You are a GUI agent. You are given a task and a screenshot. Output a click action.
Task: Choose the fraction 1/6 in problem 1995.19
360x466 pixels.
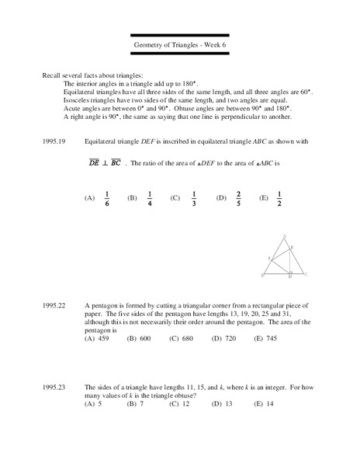(x=106, y=198)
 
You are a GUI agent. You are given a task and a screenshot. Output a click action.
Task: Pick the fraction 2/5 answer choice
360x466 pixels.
(x=238, y=198)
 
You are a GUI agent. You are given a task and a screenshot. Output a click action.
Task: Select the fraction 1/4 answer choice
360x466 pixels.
(x=149, y=198)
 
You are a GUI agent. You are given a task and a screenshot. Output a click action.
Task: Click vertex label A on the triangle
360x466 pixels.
(x=285, y=234)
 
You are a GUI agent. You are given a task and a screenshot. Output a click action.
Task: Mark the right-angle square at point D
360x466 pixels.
(x=289, y=271)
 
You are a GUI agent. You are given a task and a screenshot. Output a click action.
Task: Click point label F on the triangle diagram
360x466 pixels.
(x=268, y=257)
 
